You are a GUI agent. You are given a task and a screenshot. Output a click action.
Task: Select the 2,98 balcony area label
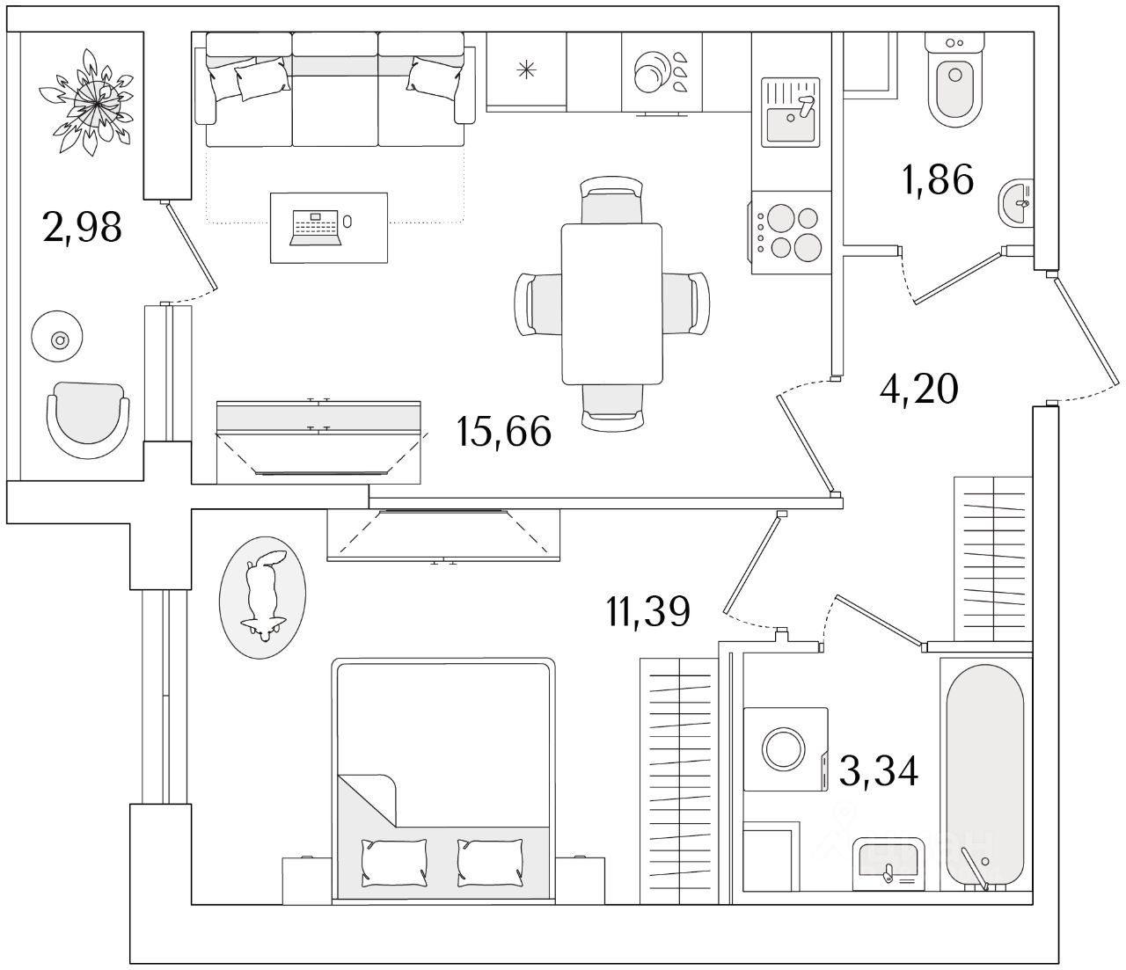[x=81, y=228]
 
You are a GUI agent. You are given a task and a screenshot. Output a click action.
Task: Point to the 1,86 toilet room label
[x=937, y=179]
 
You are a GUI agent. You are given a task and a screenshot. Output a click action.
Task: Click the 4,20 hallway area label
[x=918, y=388]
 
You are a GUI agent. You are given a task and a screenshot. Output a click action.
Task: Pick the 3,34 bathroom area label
[x=878, y=772]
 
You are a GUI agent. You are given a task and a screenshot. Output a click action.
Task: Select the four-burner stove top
[x=789, y=231]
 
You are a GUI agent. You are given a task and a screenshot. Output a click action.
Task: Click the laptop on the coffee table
[x=315, y=227]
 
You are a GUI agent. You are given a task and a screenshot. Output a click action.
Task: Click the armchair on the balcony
[x=88, y=419]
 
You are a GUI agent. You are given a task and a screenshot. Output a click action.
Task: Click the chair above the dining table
[x=612, y=201]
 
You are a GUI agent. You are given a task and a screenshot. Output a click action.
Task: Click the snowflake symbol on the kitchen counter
[x=526, y=71]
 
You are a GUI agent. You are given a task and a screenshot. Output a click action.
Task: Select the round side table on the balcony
[x=58, y=337]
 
